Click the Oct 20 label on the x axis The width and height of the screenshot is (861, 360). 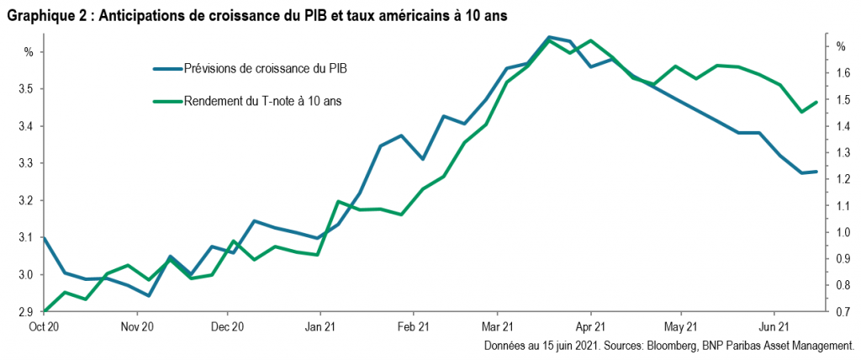[44, 326]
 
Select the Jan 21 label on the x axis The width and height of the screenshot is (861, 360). [320, 326]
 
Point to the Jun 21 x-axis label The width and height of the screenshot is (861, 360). [775, 326]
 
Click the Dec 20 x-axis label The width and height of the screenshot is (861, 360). [227, 326]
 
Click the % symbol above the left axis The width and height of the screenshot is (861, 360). [28, 51]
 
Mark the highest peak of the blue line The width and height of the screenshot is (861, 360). [549, 37]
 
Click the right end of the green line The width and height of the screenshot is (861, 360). [816, 103]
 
